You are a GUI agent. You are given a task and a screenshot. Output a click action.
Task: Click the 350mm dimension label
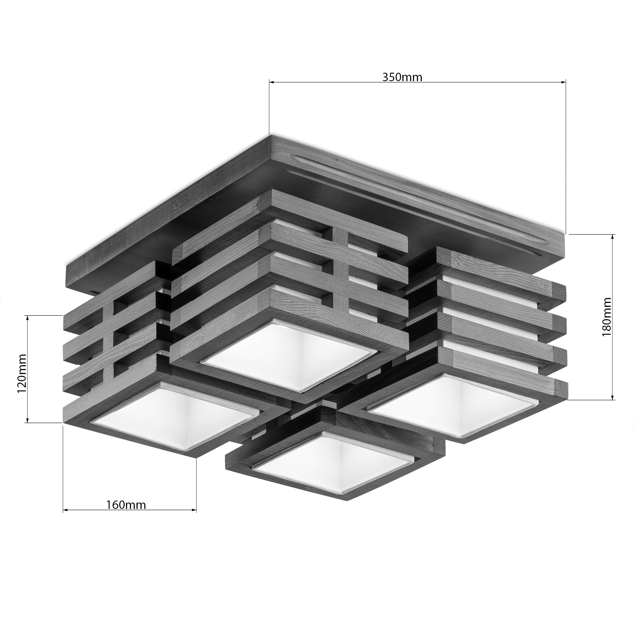pos(402,77)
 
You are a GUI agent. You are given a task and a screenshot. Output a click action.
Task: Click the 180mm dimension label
pos(607,317)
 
